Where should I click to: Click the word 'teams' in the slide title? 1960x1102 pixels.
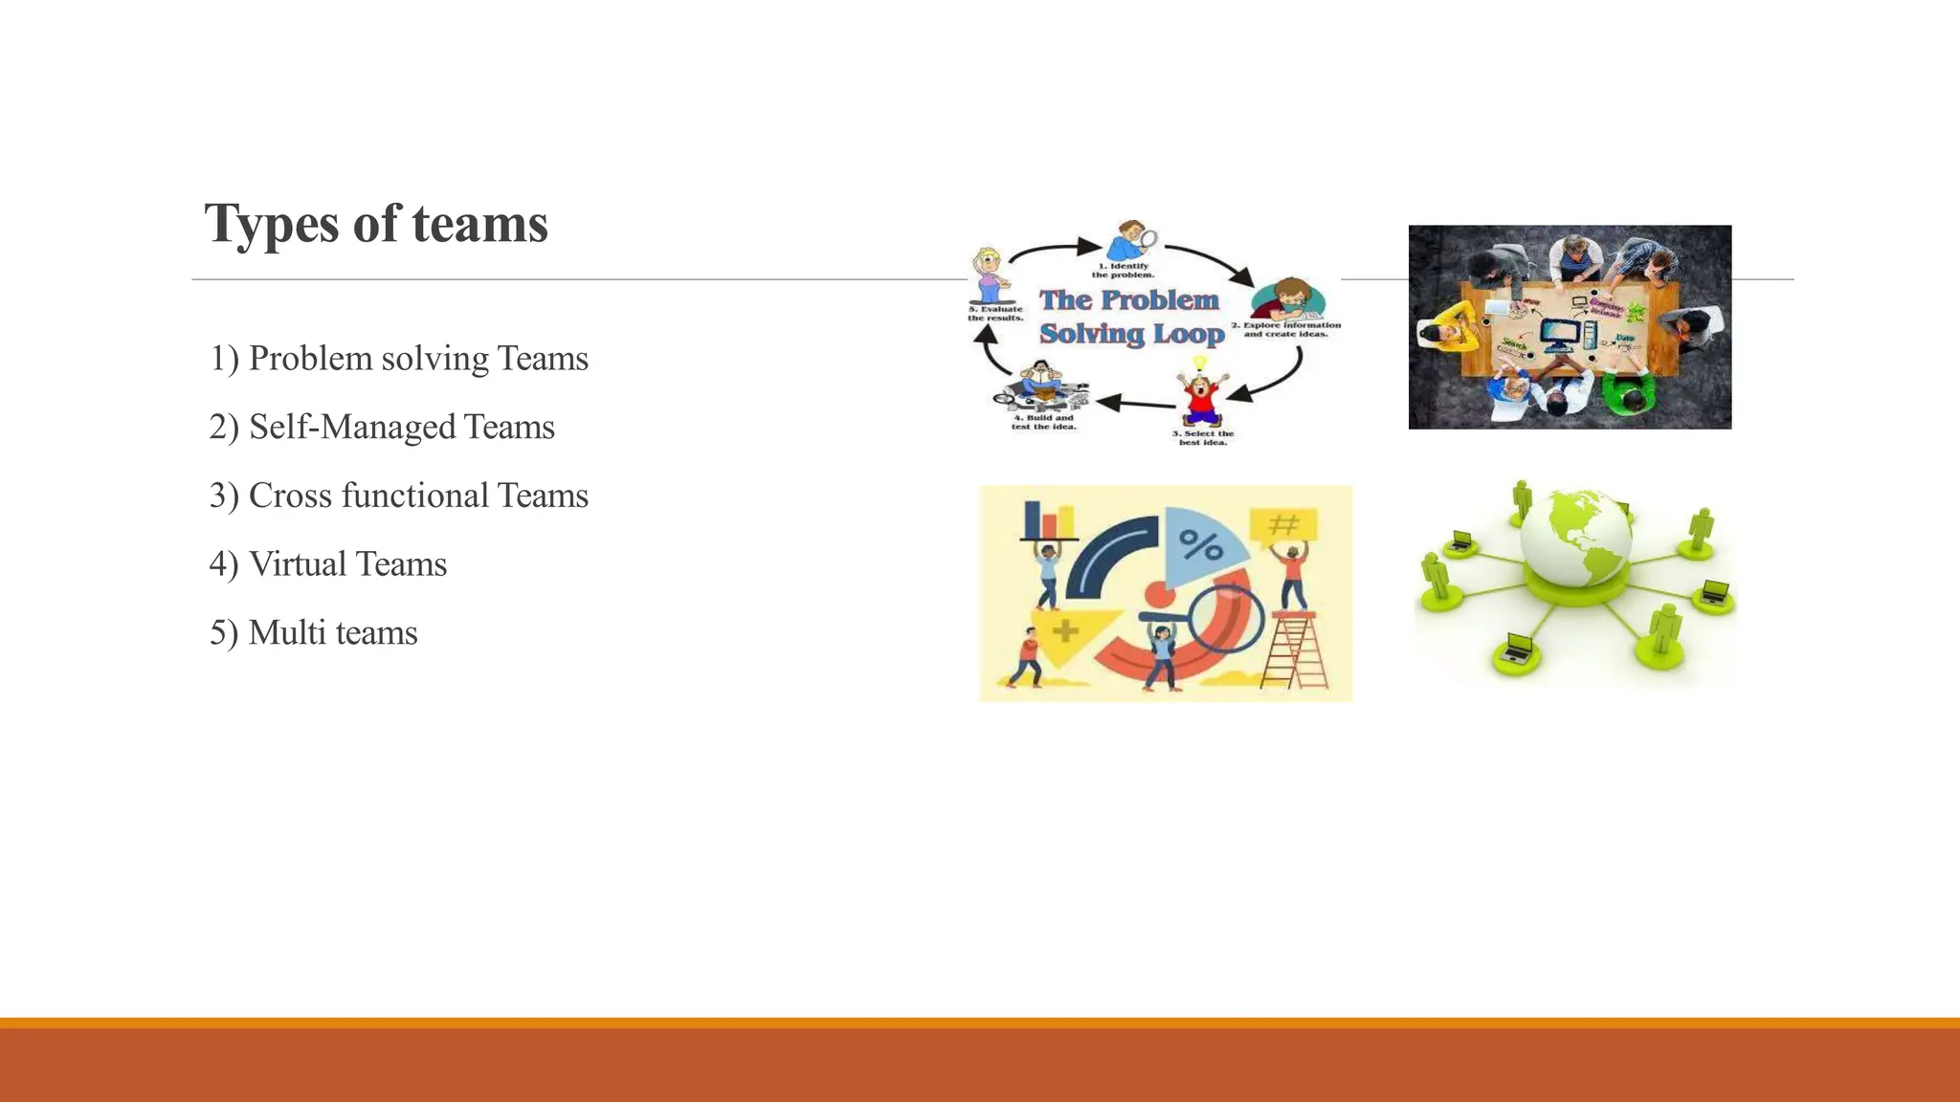(x=479, y=225)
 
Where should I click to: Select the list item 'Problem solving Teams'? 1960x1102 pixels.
(x=399, y=359)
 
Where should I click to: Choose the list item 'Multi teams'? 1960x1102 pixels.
(x=314, y=633)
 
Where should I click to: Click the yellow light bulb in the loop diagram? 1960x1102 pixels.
(x=1199, y=364)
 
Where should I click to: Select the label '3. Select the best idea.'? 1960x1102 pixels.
(x=1203, y=438)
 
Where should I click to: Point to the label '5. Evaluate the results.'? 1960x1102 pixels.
(x=995, y=313)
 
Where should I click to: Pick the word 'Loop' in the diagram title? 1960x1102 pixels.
(x=1189, y=334)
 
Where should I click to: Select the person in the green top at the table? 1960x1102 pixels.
(x=1628, y=392)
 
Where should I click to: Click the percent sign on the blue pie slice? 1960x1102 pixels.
(x=1200, y=545)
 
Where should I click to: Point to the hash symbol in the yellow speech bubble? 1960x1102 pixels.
(x=1282, y=524)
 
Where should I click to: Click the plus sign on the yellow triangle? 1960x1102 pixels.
(x=1065, y=630)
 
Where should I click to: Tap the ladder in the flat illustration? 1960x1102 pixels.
(x=1295, y=650)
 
